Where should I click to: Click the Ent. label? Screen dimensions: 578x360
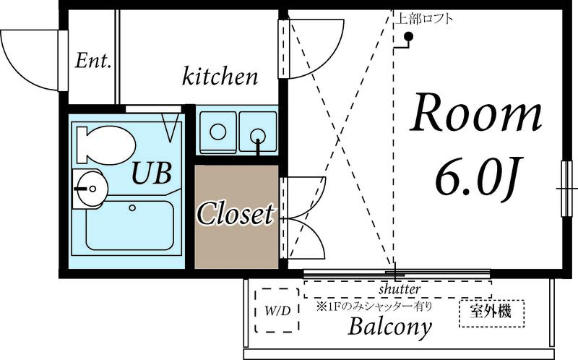point(93,61)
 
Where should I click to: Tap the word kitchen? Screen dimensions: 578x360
point(220,77)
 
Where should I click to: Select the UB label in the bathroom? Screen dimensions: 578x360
point(151,173)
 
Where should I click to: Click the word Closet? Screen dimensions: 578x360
point(236,213)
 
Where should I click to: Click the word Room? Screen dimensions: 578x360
point(476,113)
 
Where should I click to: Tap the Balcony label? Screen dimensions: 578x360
point(389,327)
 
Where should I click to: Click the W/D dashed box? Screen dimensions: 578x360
point(277,311)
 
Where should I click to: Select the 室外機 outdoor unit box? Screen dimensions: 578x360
point(491,314)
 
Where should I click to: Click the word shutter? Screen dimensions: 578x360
point(400,289)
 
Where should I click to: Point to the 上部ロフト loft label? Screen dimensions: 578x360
point(424,19)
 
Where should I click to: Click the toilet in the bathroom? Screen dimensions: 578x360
point(105,145)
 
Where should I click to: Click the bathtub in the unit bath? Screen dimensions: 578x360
point(130,226)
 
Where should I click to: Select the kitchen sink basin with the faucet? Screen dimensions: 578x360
point(258,132)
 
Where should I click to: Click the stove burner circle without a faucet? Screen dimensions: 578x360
point(218,132)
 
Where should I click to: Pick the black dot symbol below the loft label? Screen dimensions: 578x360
point(408,36)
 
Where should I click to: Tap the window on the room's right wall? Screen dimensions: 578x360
point(566,189)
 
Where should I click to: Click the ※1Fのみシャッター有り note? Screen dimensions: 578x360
point(374,307)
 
